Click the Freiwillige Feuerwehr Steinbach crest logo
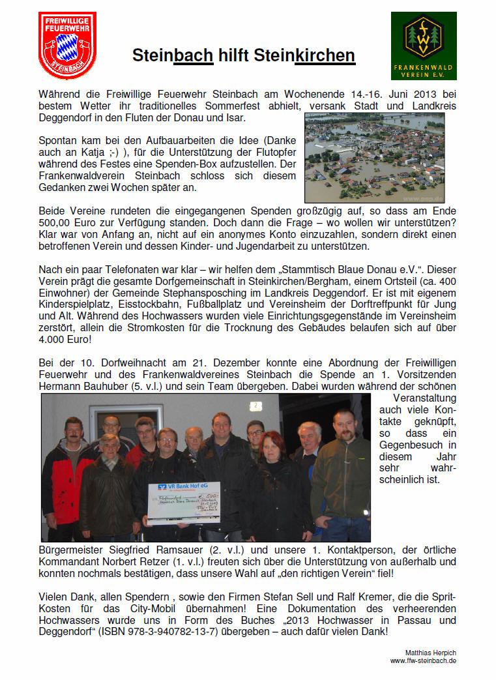[67, 44]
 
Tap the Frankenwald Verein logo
[423, 45]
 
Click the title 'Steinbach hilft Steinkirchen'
[244, 55]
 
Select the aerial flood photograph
[374, 158]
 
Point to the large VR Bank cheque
[184, 503]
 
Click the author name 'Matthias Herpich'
[430, 652]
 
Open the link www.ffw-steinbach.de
[423, 660]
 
